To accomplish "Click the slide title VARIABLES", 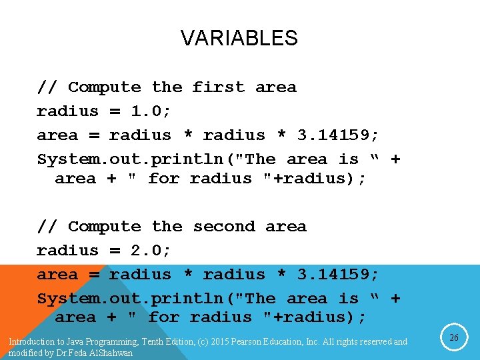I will tap(239, 38).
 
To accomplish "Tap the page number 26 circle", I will tap(453, 338).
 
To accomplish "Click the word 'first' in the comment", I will tap(219, 87).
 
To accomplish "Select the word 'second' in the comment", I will tap(224, 227).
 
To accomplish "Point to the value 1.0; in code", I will tap(150, 111).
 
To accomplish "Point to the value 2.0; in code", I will tap(150, 251).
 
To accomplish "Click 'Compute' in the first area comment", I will tap(105, 87).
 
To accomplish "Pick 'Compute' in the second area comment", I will tap(105, 227).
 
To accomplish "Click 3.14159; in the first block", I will tap(338, 135).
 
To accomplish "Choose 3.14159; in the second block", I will tap(338, 275).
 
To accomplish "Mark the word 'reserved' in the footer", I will tap(375, 342).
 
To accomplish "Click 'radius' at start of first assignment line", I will tap(67, 111).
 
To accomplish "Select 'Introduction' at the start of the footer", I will tap(31, 342).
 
